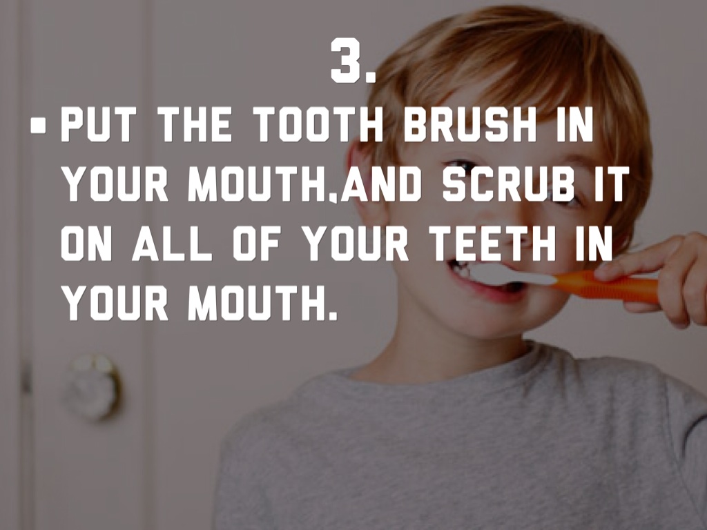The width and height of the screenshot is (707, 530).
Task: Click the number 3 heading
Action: click(x=353, y=61)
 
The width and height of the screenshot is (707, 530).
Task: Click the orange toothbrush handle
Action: click(x=606, y=287)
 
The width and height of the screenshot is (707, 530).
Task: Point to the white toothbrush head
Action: click(x=513, y=275)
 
